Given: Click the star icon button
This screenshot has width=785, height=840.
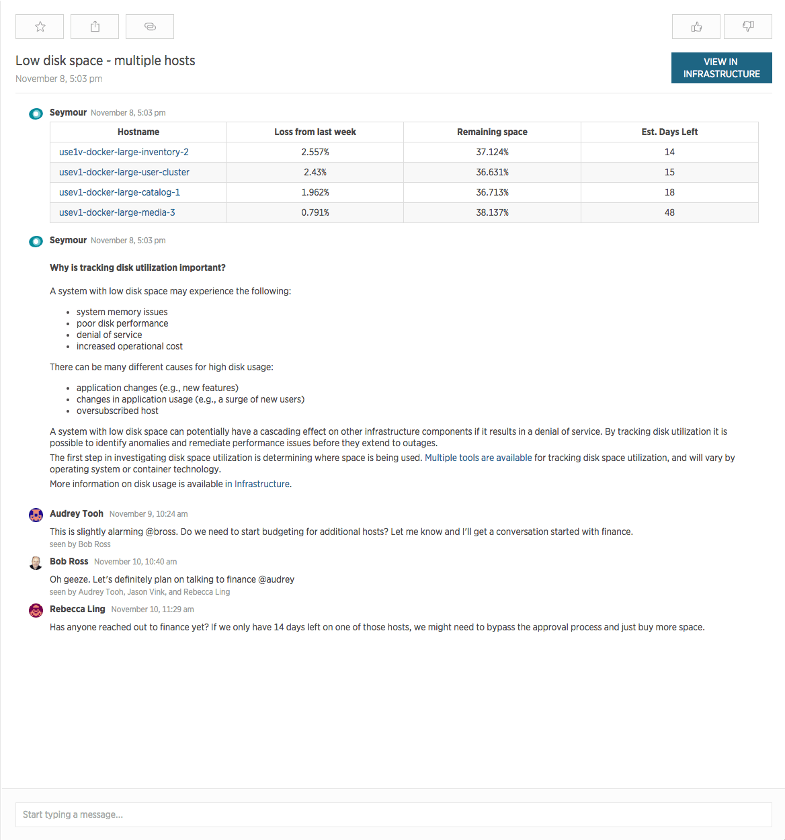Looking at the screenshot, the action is [40, 27].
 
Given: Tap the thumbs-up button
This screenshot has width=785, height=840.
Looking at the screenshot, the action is [696, 27].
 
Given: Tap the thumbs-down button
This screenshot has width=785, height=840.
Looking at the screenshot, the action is [747, 27].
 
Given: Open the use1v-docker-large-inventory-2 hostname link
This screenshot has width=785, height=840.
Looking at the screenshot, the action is [124, 152].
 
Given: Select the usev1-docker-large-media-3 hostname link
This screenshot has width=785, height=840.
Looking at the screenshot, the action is [117, 212].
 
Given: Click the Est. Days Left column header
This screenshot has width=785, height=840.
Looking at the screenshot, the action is [669, 132].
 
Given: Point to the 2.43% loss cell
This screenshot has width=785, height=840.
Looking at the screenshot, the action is [315, 172].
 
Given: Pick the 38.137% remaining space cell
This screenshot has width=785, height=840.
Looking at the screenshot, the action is [492, 212].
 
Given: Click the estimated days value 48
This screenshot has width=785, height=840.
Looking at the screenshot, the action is [669, 212].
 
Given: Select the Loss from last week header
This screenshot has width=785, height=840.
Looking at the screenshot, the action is [315, 132].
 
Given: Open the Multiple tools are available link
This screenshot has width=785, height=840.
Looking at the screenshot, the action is [478, 458].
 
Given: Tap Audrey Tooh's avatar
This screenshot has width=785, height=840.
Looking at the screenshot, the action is [36, 515].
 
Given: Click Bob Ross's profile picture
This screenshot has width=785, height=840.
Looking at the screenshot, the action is [36, 562].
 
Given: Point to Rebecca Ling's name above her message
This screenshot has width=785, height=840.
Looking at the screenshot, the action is [77, 609].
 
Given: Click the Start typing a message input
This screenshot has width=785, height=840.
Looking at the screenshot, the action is [393, 814].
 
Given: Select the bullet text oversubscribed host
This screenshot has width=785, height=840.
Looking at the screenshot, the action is [118, 411].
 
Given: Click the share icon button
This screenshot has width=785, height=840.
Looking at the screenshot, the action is [95, 27].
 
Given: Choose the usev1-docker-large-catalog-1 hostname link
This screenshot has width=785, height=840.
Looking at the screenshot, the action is [120, 192].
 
